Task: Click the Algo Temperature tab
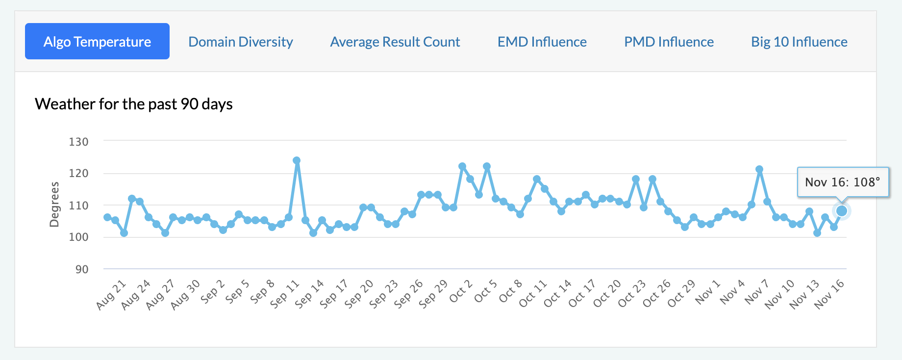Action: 97,42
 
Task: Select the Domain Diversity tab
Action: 240,42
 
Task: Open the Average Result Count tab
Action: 395,42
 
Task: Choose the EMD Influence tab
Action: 542,42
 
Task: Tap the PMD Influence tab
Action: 669,42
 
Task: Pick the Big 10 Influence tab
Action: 799,42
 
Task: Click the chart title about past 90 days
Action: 133,104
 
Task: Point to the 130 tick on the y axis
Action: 78,142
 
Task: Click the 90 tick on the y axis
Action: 81,269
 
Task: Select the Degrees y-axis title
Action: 54,205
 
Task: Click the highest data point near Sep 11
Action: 297,160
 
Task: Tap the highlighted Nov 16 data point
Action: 842,211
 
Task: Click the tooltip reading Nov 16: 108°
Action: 842,182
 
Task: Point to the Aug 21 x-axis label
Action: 111,295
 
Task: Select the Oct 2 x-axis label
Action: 461,291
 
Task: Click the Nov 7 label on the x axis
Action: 756,292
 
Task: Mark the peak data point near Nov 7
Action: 759,169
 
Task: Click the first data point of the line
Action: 107,217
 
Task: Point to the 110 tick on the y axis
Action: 78,206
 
